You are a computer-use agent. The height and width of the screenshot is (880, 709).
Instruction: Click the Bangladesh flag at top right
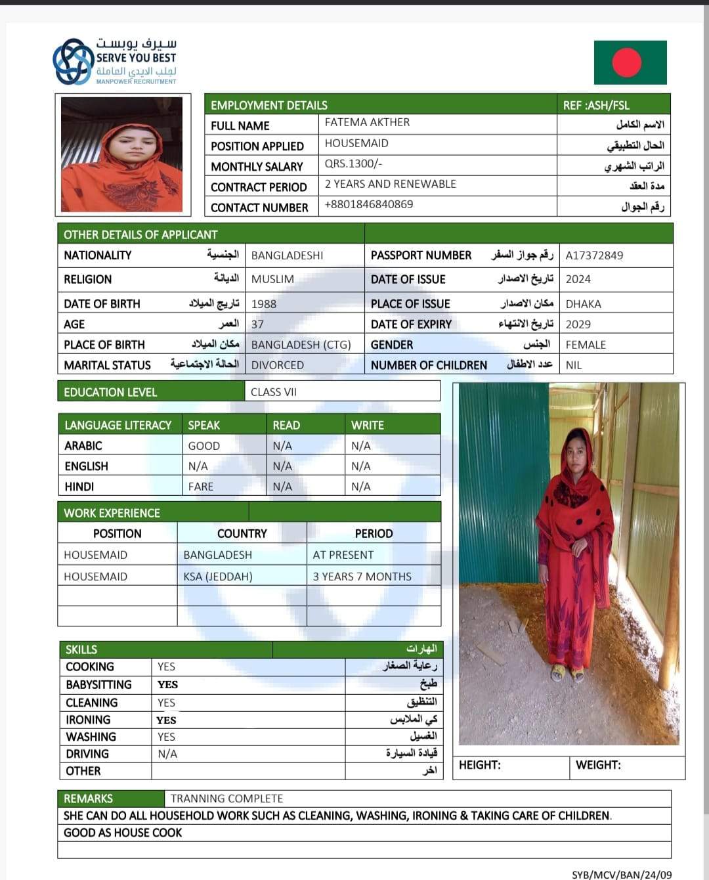click(x=630, y=62)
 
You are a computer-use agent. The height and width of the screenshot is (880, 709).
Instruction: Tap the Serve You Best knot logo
click(x=73, y=62)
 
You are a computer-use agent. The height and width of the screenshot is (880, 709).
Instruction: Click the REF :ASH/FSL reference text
click(x=596, y=105)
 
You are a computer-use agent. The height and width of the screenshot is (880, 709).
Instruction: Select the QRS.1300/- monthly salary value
click(x=353, y=164)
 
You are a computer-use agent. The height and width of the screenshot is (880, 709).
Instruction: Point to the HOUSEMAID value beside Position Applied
click(x=356, y=143)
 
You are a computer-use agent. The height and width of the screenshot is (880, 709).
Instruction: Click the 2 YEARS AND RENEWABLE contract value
click(x=390, y=184)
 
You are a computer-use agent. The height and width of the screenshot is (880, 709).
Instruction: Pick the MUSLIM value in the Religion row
click(x=272, y=279)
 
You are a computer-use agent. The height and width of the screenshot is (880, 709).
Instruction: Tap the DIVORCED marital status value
click(x=278, y=365)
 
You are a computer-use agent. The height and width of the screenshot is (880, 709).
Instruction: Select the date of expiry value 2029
click(x=578, y=324)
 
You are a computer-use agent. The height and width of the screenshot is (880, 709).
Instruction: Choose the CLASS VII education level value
click(x=274, y=392)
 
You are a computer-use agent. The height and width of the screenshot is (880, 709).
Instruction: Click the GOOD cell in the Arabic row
click(x=204, y=446)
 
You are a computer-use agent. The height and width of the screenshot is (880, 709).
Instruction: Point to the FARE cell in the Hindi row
click(x=201, y=487)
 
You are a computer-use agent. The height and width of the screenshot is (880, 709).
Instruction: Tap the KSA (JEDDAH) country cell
click(x=218, y=577)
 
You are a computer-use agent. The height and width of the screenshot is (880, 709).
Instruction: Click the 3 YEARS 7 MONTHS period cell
click(x=362, y=577)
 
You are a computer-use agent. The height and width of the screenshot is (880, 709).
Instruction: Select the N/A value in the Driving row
click(x=167, y=754)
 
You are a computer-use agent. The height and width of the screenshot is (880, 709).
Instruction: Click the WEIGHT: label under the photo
click(x=598, y=765)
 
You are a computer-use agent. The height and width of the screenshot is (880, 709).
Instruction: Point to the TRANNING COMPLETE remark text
click(x=226, y=799)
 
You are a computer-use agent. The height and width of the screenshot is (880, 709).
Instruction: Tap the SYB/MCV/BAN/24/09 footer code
click(x=622, y=875)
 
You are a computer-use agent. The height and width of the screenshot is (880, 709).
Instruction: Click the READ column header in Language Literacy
click(x=286, y=425)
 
